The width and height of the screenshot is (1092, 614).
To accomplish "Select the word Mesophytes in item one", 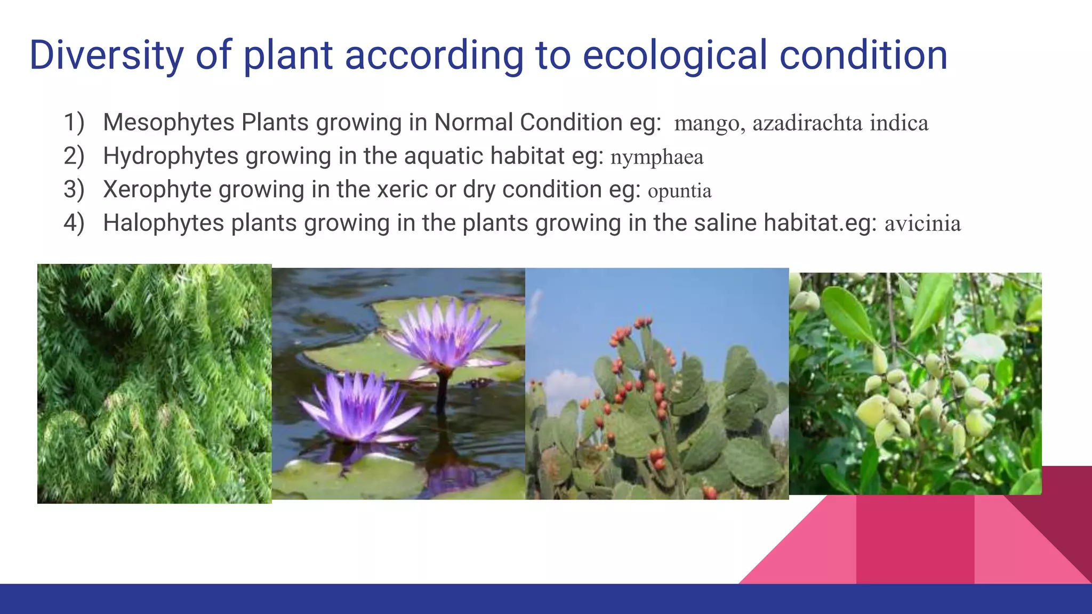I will pyautogui.click(x=168, y=123).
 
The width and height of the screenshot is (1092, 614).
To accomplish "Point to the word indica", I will pyautogui.click(x=899, y=123).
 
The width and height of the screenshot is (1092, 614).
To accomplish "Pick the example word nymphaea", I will pyautogui.click(x=656, y=158).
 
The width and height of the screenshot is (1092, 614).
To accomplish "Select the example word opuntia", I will pyautogui.click(x=679, y=191).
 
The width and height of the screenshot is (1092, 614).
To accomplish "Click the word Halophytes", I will pyautogui.click(x=163, y=223).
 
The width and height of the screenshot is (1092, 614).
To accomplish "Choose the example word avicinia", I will pyautogui.click(x=922, y=224).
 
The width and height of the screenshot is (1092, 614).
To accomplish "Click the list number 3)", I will pyautogui.click(x=74, y=190).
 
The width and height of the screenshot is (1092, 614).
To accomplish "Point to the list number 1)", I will pyautogui.click(x=74, y=123).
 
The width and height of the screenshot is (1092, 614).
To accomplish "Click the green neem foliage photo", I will pyautogui.click(x=154, y=384).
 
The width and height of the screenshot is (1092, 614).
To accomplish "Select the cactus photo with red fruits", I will pyautogui.click(x=657, y=384).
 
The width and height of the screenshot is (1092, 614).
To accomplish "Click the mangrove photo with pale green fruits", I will pyautogui.click(x=915, y=384).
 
